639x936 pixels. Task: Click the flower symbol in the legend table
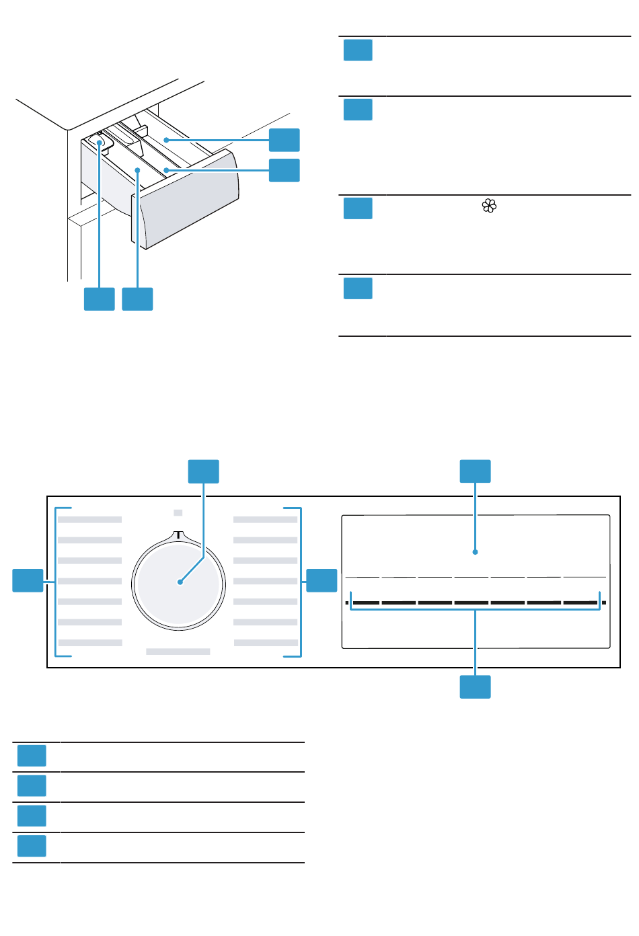(x=489, y=206)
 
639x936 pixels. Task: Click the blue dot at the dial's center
(x=180, y=582)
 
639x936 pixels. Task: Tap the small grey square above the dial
(x=178, y=512)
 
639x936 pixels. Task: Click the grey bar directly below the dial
(x=178, y=652)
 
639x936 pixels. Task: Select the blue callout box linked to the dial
(x=203, y=471)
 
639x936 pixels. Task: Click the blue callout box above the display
(x=475, y=471)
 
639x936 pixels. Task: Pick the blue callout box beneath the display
(x=475, y=687)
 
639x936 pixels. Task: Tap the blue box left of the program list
(x=28, y=580)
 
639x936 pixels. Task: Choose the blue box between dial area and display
(x=322, y=580)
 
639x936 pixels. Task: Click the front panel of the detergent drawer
(x=190, y=202)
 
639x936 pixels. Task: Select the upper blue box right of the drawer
(x=284, y=140)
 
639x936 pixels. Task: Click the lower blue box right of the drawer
(x=284, y=170)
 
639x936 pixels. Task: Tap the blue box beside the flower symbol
(x=358, y=208)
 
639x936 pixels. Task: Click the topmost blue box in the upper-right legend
(x=358, y=50)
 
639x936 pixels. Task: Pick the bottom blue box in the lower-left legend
(x=32, y=846)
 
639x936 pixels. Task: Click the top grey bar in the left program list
(x=89, y=520)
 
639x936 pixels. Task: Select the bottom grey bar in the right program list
(x=266, y=643)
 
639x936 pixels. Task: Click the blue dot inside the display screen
(x=475, y=552)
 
